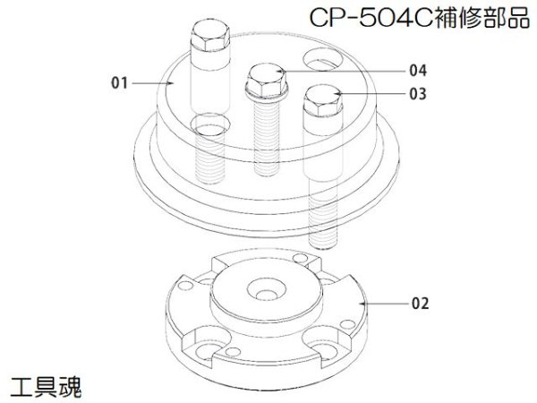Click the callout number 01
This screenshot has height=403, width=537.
point(116,83)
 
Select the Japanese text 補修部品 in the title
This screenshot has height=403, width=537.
point(480,18)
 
